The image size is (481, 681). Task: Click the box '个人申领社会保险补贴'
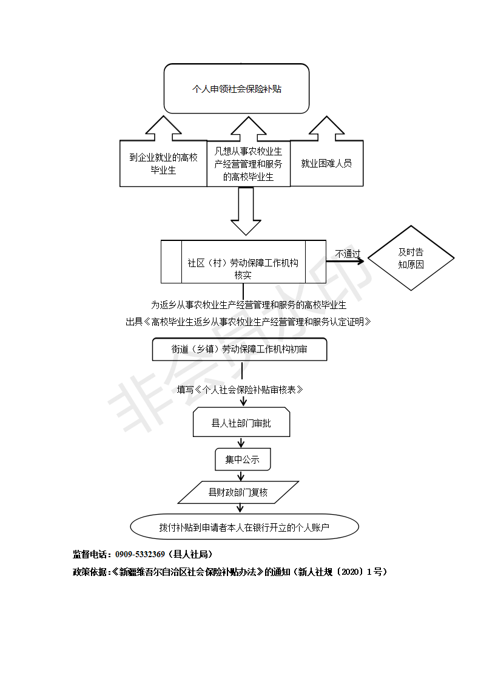[237, 89]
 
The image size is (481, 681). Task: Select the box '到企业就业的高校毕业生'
[163, 164]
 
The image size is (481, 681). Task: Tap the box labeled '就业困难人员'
[326, 163]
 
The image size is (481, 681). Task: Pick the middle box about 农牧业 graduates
[248, 164]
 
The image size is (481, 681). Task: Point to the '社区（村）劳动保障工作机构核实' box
[243, 262]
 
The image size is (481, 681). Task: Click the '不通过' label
[348, 254]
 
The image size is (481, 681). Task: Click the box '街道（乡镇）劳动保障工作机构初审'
[239, 349]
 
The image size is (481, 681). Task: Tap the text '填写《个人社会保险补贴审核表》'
[240, 389]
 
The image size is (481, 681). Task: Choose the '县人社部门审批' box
[241, 422]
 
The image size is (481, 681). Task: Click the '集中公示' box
[242, 459]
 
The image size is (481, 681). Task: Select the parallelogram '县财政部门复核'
[238, 492]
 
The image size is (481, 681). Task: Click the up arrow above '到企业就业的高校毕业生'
[163, 128]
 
